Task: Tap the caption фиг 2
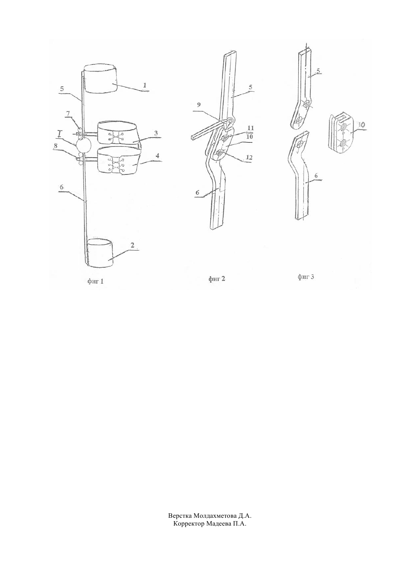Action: click(x=217, y=279)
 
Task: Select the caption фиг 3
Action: click(x=306, y=277)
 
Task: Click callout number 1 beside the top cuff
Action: click(x=145, y=85)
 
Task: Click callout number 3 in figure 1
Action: click(x=155, y=133)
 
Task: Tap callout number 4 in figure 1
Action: click(x=158, y=156)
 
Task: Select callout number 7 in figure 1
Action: click(x=68, y=113)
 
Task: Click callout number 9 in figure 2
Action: click(x=198, y=105)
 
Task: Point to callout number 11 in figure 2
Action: click(x=250, y=128)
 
